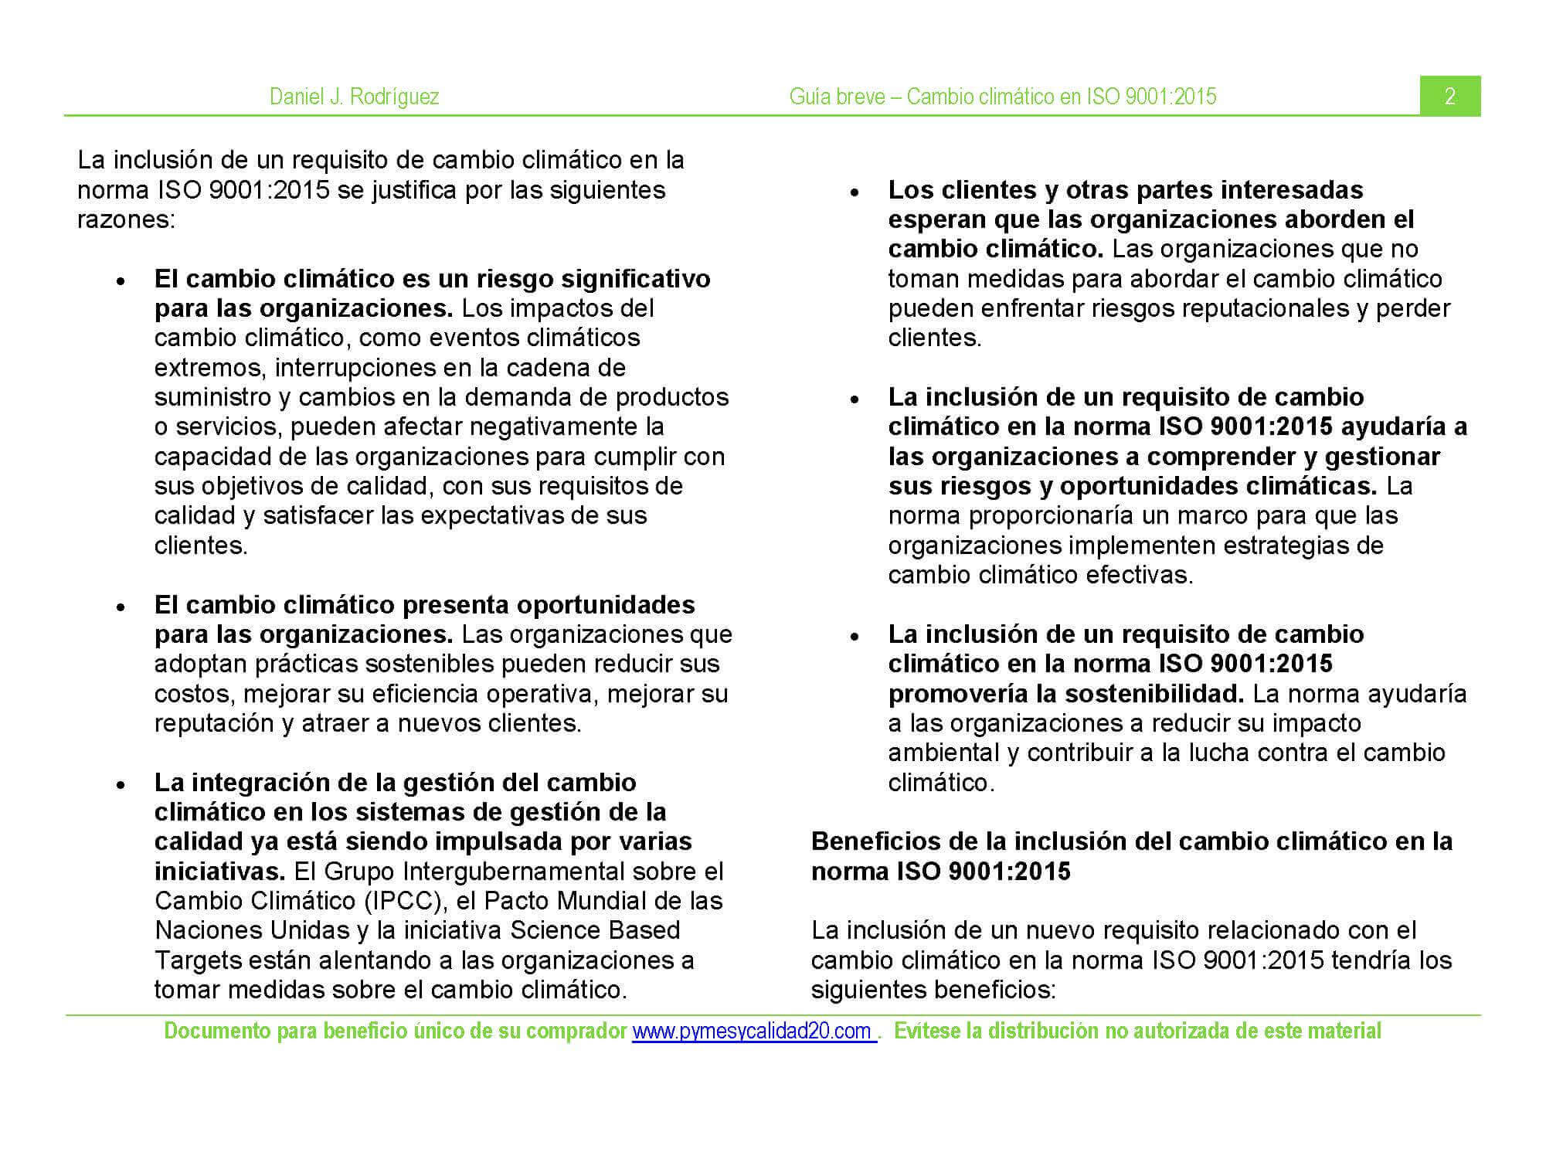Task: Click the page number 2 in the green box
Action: pyautogui.click(x=1449, y=97)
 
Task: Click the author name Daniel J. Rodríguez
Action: pyautogui.click(x=354, y=97)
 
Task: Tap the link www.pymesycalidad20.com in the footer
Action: pyautogui.click(x=753, y=1032)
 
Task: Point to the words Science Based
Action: pyautogui.click(x=595, y=930)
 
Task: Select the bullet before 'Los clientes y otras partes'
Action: pyautogui.click(x=855, y=192)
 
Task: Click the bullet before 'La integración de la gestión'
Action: pyautogui.click(x=121, y=785)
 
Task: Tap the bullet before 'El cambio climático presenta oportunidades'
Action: pyautogui.click(x=121, y=607)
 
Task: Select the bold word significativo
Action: pyautogui.click(x=634, y=278)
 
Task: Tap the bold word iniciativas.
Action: pyautogui.click(x=219, y=872)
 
